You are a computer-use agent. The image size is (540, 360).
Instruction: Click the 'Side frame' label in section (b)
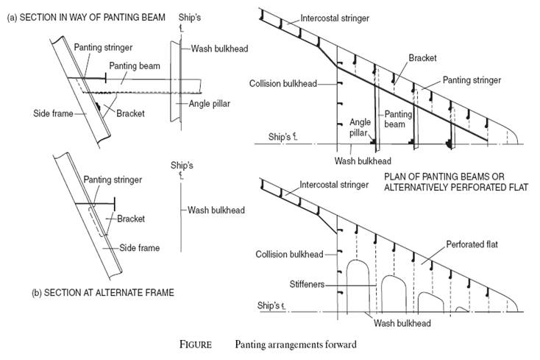click(139, 248)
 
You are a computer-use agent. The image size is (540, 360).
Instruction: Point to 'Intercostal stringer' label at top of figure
click(334, 16)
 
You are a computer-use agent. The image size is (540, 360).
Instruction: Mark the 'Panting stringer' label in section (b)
click(112, 180)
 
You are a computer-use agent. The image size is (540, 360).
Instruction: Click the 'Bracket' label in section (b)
click(129, 219)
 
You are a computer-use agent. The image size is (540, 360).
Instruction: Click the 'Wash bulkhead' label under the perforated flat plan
click(402, 322)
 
